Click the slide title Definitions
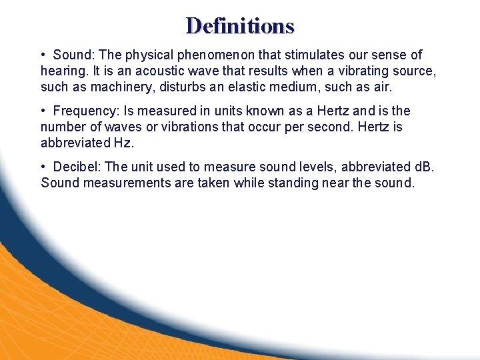(x=240, y=25)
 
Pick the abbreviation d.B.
(x=421, y=167)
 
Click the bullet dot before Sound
(x=43, y=55)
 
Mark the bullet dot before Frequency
(x=43, y=111)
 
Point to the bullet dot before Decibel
(x=43, y=167)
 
